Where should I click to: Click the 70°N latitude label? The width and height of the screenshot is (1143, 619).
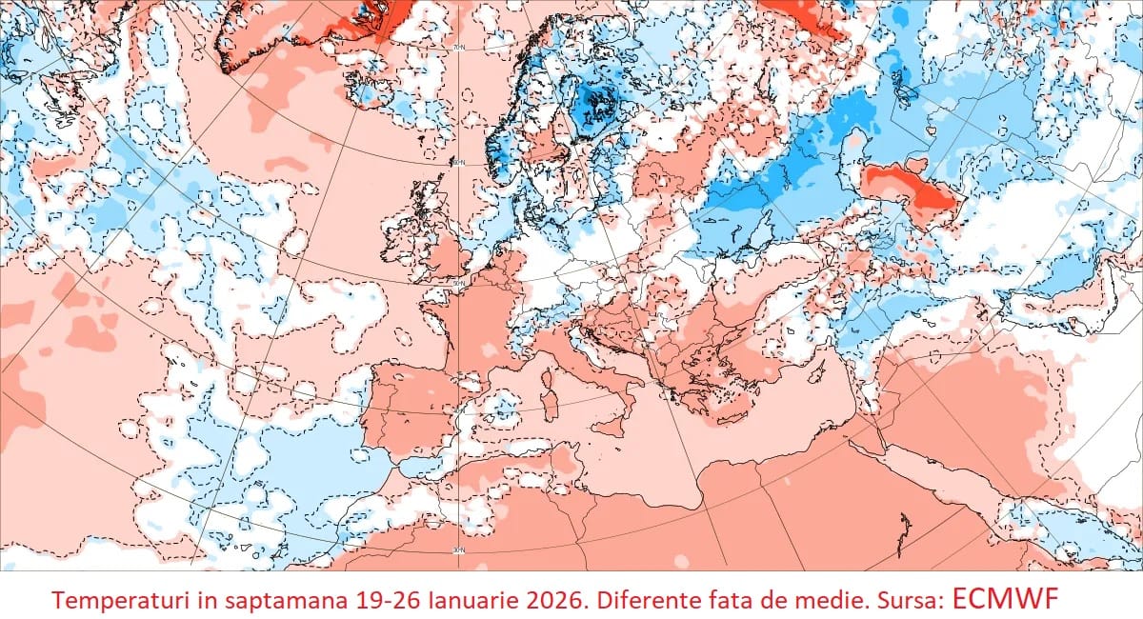click(x=458, y=47)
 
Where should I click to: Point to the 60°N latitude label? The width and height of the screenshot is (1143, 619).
click(x=458, y=163)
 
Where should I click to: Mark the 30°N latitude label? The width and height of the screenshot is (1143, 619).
click(x=458, y=550)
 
